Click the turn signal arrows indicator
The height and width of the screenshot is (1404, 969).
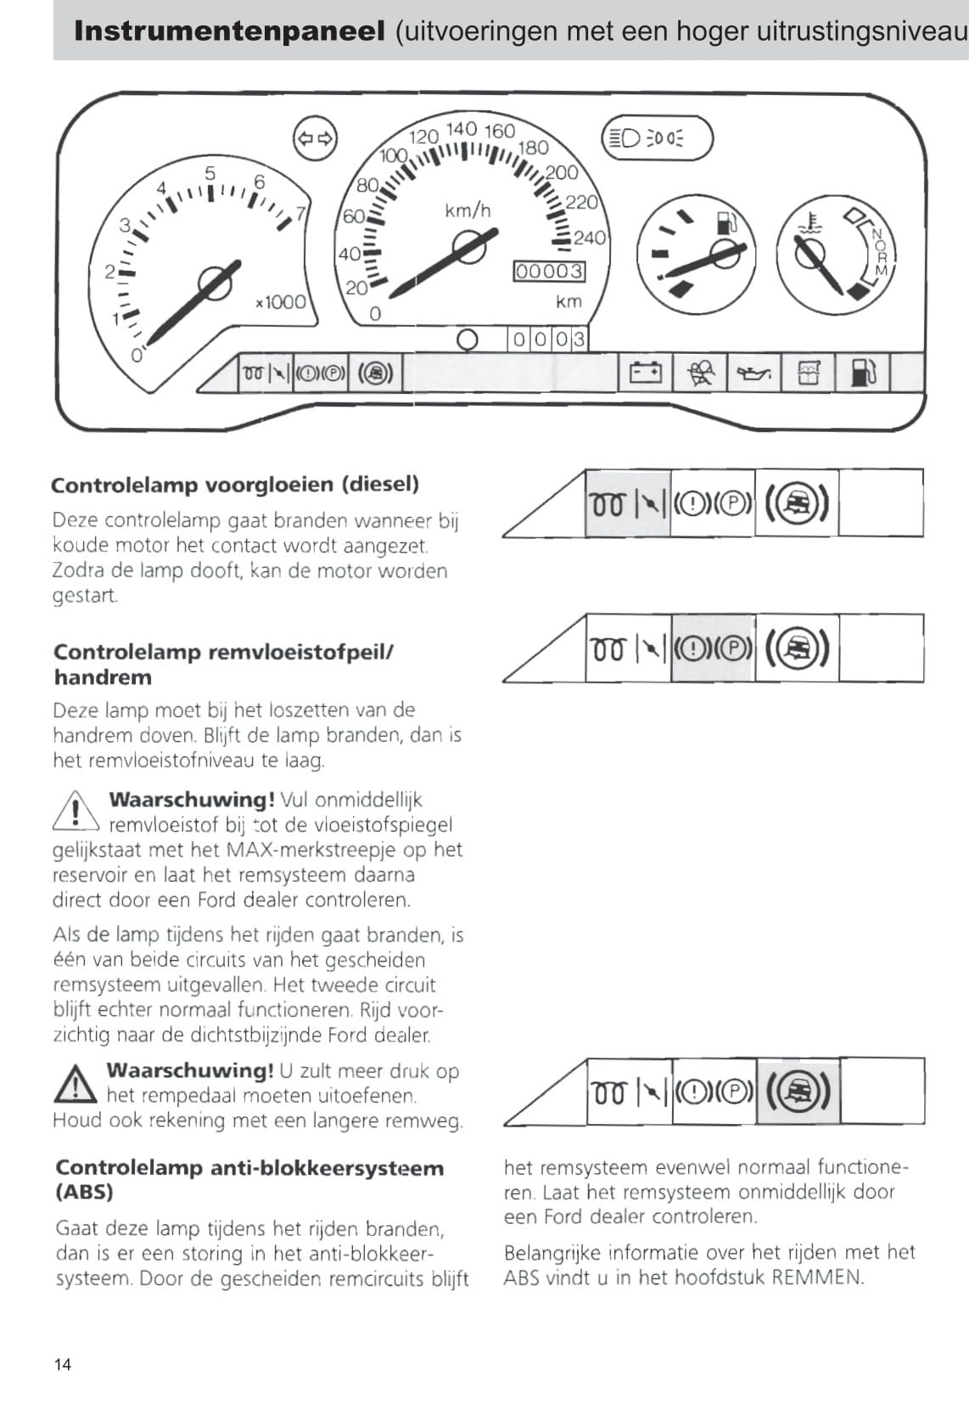(x=315, y=138)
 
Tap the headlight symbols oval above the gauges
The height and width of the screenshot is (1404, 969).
(x=657, y=138)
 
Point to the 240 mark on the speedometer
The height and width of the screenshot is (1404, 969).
(x=589, y=238)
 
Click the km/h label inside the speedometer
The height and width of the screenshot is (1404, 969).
(x=468, y=210)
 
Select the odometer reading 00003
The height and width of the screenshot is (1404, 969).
(x=549, y=272)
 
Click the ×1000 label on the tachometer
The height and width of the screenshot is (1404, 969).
(x=281, y=302)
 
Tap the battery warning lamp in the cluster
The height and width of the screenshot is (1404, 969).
(x=645, y=373)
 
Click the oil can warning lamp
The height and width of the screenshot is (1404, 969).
(x=753, y=373)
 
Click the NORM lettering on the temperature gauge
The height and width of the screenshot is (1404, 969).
(x=880, y=252)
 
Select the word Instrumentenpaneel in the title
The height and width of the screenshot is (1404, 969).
(x=229, y=31)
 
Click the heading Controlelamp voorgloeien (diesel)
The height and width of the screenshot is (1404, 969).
(x=235, y=485)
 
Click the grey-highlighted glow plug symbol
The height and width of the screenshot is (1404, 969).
(x=608, y=504)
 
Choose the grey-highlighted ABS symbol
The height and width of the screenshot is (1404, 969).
(x=797, y=1091)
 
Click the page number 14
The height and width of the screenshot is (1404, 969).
(x=63, y=1364)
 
